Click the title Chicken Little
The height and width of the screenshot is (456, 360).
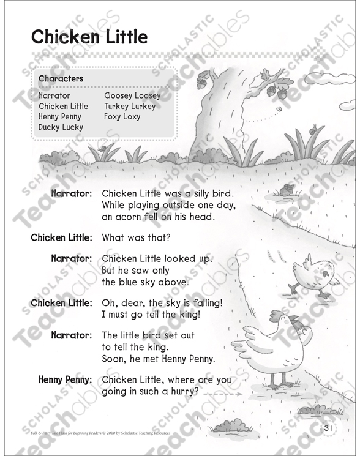point(90,37)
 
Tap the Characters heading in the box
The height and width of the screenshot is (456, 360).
point(61,79)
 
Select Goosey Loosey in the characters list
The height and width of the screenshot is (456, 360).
point(132,95)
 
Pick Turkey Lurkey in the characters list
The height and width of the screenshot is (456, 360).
point(130,106)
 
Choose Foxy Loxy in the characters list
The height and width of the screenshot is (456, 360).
point(122,116)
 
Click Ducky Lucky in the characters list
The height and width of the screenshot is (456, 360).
point(61,127)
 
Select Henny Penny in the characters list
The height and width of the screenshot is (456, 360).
point(60,116)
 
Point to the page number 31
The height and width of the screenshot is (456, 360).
point(328,428)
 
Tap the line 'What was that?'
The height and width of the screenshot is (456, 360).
point(136,237)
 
